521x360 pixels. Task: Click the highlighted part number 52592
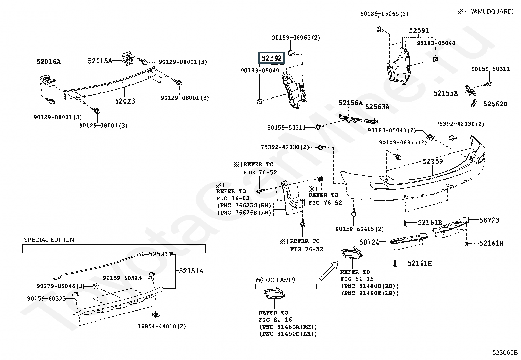(x=272, y=58)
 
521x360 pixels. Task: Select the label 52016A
(x=48, y=62)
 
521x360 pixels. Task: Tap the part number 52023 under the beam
(x=125, y=101)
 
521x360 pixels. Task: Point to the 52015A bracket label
(x=100, y=61)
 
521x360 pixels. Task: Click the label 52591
(x=419, y=30)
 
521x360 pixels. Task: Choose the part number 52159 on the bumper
(x=433, y=161)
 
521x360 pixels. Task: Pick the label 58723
(x=489, y=220)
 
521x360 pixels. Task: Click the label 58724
(x=369, y=242)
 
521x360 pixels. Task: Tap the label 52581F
(x=160, y=254)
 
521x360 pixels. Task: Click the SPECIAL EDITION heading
(x=49, y=240)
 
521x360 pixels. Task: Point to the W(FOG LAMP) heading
(x=275, y=280)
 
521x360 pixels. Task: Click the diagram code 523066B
(x=505, y=353)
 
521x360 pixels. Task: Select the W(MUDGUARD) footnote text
(x=492, y=12)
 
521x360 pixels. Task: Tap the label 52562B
(x=495, y=104)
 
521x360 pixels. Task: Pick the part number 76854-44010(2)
(x=162, y=326)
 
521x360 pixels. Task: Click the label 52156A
(x=350, y=103)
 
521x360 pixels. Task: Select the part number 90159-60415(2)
(x=359, y=229)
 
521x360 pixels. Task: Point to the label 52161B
(x=430, y=223)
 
